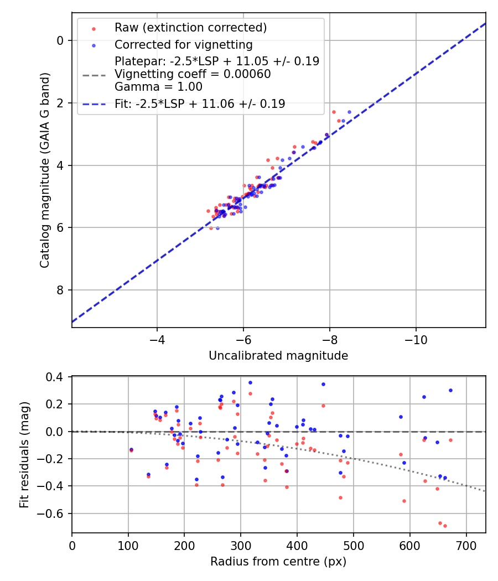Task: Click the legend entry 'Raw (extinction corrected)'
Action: tap(190, 28)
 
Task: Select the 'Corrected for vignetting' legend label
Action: tap(183, 45)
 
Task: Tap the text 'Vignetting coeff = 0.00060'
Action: tap(193, 74)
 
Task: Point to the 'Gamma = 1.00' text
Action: tap(158, 87)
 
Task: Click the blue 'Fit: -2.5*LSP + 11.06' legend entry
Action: tap(200, 103)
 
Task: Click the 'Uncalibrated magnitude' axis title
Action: tap(278, 356)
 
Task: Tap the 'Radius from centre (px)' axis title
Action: tap(278, 562)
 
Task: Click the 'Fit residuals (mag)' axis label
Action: tap(24, 455)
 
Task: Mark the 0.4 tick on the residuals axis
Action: tap(58, 377)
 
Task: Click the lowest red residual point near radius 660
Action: tap(445, 526)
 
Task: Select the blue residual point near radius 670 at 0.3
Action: tap(450, 390)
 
